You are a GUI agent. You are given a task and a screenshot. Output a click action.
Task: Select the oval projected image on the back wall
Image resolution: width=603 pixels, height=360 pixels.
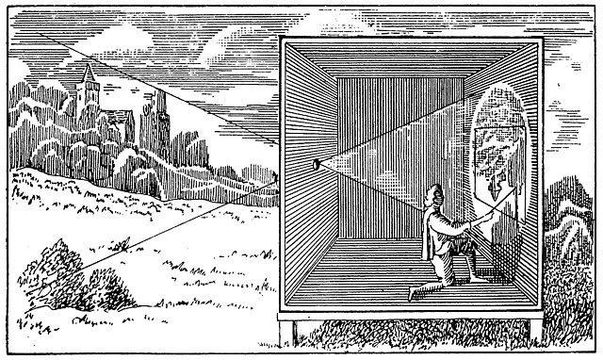pos(498,160)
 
